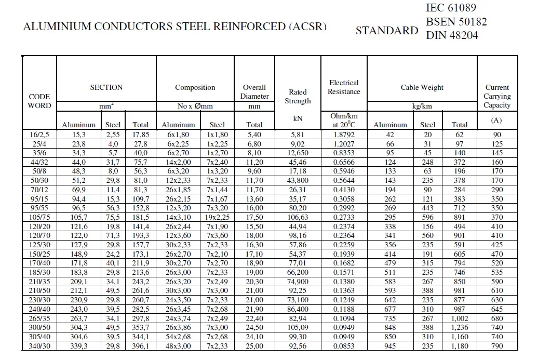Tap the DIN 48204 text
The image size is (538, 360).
point(452,35)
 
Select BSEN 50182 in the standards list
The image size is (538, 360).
point(456,22)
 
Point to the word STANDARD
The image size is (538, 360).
point(386,31)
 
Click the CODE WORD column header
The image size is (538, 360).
point(39,101)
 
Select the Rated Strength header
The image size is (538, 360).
point(298,96)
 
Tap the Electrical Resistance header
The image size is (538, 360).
point(344,87)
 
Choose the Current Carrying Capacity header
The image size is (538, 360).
point(497,96)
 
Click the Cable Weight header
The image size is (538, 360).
point(422,87)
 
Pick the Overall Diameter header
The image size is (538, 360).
point(254,91)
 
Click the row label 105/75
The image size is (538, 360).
point(39,216)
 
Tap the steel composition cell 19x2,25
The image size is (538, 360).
point(217,216)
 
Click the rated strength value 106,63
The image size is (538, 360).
point(298,216)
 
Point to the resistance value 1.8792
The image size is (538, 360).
point(344,134)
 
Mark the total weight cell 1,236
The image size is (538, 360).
point(459,328)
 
